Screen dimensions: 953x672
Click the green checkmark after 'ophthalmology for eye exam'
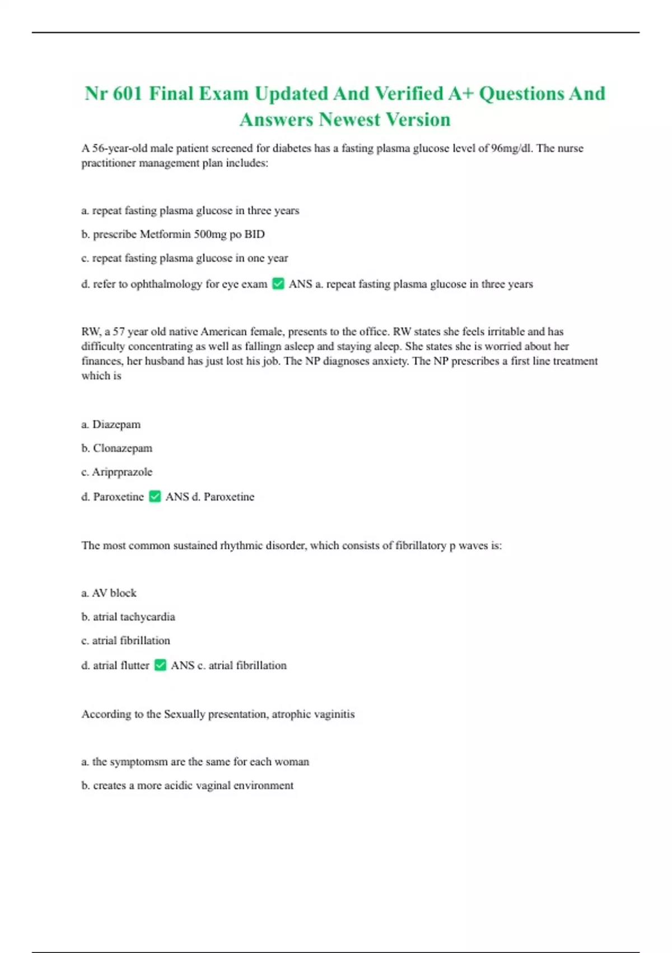pyautogui.click(x=278, y=284)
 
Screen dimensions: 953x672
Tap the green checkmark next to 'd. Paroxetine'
pyautogui.click(x=155, y=497)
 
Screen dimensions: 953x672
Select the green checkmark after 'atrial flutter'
pyautogui.click(x=160, y=665)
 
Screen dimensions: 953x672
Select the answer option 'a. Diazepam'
pyautogui.click(x=111, y=424)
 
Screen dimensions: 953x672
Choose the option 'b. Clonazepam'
pyautogui.click(x=116, y=448)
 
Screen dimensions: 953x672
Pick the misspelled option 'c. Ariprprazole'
pyautogui.click(x=116, y=472)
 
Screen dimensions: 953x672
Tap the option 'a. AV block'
pyautogui.click(x=109, y=593)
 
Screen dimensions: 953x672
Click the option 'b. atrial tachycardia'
pyautogui.click(x=128, y=617)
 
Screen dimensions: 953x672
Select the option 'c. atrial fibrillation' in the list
pyautogui.click(x=125, y=641)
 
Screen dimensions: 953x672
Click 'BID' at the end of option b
pyautogui.click(x=254, y=234)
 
